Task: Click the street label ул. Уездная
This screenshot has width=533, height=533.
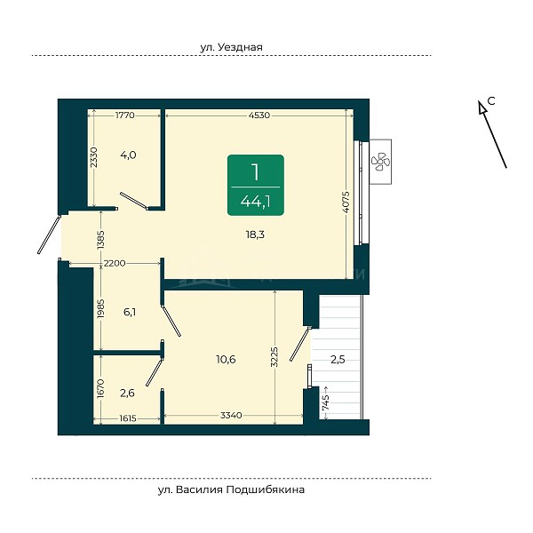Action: (231, 47)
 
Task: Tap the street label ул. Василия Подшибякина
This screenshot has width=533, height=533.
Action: (231, 489)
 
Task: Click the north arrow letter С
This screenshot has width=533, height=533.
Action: (491, 100)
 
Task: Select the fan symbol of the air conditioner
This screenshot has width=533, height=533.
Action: (380, 162)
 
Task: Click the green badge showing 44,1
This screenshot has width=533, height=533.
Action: (256, 185)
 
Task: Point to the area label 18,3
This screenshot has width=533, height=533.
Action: (255, 235)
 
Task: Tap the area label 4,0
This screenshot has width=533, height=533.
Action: (128, 155)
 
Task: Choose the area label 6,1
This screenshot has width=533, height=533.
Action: (130, 312)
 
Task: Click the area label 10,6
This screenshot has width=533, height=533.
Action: (226, 359)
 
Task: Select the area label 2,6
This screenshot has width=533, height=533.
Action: (127, 394)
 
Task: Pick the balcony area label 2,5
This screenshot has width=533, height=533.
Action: (338, 359)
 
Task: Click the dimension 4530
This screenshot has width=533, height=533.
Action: (259, 115)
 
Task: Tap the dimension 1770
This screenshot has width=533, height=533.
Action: (125, 115)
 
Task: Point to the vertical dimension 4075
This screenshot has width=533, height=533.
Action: (346, 202)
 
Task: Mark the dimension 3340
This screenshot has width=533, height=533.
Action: (231, 415)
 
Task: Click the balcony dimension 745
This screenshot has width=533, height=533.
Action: (325, 402)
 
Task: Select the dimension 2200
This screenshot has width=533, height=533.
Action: (115, 263)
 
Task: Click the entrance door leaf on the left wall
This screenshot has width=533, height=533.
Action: (49, 235)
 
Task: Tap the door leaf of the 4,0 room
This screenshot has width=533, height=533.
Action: (134, 200)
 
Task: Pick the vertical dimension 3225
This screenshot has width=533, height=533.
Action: (274, 357)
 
